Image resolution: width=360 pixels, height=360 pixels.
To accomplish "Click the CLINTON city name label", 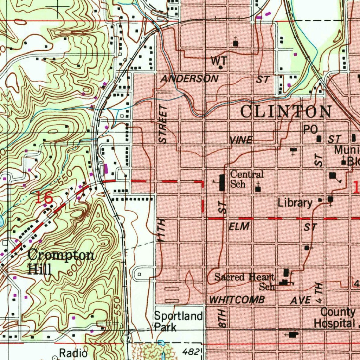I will coord(285,112).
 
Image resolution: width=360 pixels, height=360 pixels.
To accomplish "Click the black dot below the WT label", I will coord(220,67).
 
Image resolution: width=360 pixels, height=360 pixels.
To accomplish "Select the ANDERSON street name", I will coord(189,79).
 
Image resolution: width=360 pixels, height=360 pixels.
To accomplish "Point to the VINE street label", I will coord(241,140).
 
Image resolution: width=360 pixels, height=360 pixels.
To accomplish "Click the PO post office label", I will coord(310,130).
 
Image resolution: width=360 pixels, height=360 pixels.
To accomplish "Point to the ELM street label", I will coord(239,226).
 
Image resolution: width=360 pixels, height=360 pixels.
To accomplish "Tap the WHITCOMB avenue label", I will coord(237,300).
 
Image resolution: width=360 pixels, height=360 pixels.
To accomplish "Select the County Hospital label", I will coord(334,318).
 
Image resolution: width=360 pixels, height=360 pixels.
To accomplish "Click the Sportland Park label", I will coord(178,321).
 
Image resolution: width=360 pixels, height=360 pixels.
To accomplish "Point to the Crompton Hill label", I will coord(60,261).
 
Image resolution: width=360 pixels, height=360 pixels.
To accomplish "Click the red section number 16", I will coord(44,198).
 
